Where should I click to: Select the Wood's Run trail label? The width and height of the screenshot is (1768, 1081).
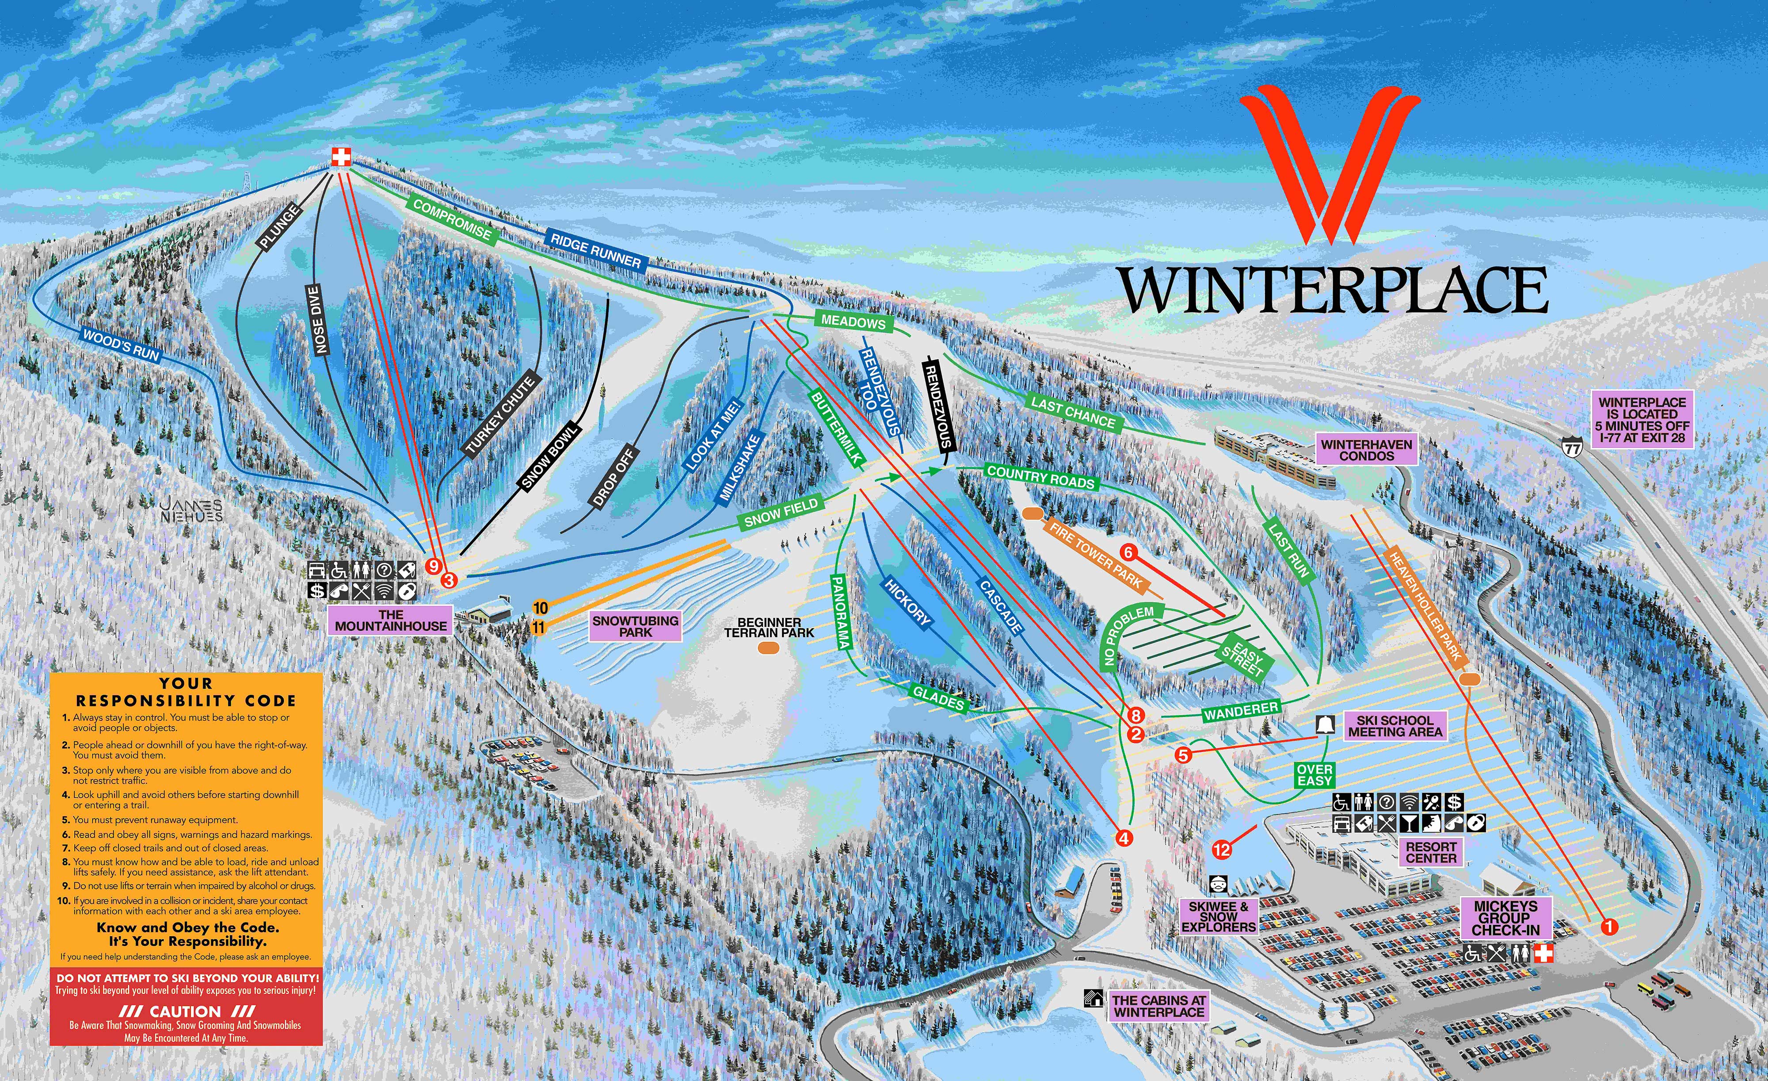121,344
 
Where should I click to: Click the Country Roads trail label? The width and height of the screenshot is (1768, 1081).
1040,477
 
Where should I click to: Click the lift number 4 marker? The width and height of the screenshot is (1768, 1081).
1123,838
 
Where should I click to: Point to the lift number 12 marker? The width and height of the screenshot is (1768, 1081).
1221,850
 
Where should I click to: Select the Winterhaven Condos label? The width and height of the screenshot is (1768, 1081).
1366,450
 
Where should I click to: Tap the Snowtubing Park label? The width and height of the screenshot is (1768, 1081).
635,626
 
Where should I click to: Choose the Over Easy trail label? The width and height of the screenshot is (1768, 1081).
1315,775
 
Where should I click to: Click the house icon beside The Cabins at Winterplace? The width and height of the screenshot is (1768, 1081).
1094,998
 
